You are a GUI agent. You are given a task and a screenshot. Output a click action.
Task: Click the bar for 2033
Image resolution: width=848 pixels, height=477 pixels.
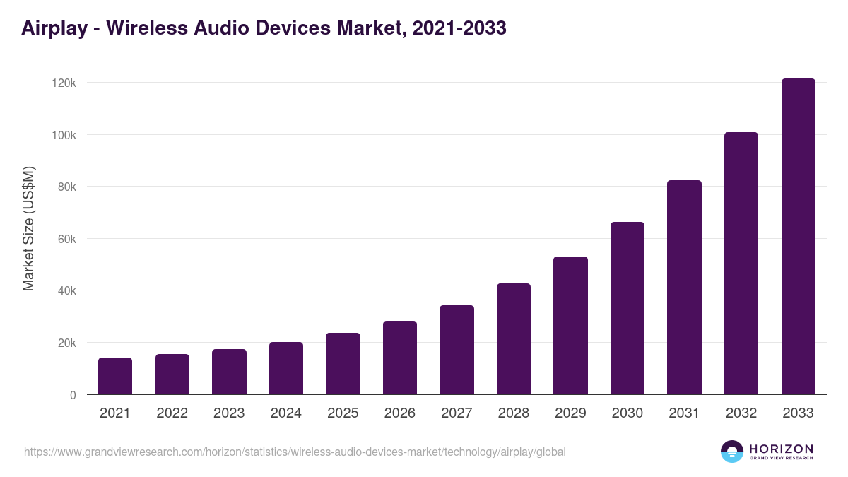pyautogui.click(x=798, y=237)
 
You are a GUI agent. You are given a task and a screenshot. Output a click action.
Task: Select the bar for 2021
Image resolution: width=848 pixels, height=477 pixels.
pyautogui.click(x=115, y=376)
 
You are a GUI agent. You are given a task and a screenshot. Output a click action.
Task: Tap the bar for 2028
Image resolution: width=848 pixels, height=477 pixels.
pyautogui.click(x=514, y=339)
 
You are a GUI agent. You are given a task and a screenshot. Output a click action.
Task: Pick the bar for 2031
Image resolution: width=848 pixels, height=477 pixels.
pyautogui.click(x=684, y=288)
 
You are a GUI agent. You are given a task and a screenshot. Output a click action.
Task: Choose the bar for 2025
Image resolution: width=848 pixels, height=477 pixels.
pyautogui.click(x=343, y=364)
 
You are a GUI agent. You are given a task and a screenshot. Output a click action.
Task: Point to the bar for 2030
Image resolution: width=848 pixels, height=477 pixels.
pyautogui.click(x=628, y=308)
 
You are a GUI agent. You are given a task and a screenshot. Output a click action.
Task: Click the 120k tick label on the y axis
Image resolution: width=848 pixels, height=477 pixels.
pyautogui.click(x=64, y=83)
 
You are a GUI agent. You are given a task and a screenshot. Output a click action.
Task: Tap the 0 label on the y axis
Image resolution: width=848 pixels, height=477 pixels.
pyautogui.click(x=72, y=395)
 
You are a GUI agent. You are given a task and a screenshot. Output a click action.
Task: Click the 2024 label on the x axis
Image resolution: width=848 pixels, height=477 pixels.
pyautogui.click(x=285, y=413)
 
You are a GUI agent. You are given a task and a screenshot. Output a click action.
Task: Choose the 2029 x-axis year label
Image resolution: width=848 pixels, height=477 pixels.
pyautogui.click(x=570, y=413)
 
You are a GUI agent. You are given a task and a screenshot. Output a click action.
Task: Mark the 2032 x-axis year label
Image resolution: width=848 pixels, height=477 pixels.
pyautogui.click(x=741, y=413)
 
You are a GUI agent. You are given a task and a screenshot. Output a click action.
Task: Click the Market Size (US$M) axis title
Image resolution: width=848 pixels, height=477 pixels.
pyautogui.click(x=28, y=228)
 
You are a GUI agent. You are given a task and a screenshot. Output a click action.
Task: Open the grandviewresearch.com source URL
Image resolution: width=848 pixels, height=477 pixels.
pyautogui.click(x=295, y=452)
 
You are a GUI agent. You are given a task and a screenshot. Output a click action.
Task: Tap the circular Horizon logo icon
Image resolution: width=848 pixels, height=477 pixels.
pyautogui.click(x=732, y=452)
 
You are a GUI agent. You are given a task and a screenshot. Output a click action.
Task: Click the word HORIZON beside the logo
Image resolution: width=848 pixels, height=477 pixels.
pyautogui.click(x=781, y=449)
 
